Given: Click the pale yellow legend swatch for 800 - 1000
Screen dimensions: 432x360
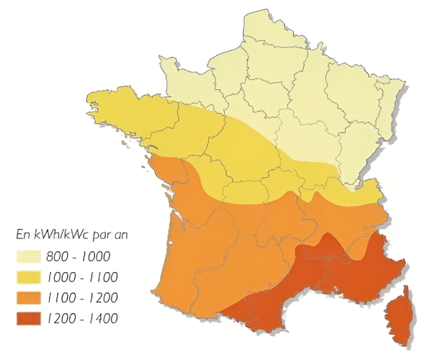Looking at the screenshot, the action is click(30, 256).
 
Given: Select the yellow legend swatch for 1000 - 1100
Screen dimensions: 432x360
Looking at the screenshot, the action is click(30, 276).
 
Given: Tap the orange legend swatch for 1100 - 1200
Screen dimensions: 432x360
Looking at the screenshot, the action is click(30, 297).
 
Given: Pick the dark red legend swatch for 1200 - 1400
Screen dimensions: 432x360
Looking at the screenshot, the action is click(30, 318).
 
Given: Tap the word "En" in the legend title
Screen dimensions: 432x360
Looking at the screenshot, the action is click(22, 234).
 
